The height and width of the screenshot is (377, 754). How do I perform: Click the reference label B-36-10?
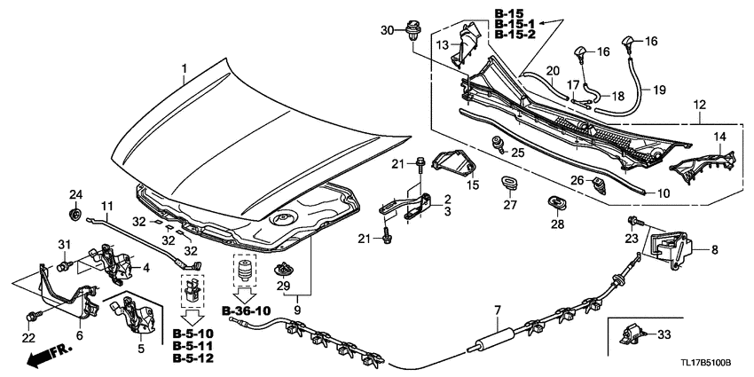(x=251, y=310)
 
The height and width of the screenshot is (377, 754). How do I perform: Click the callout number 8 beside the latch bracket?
(x=715, y=252)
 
